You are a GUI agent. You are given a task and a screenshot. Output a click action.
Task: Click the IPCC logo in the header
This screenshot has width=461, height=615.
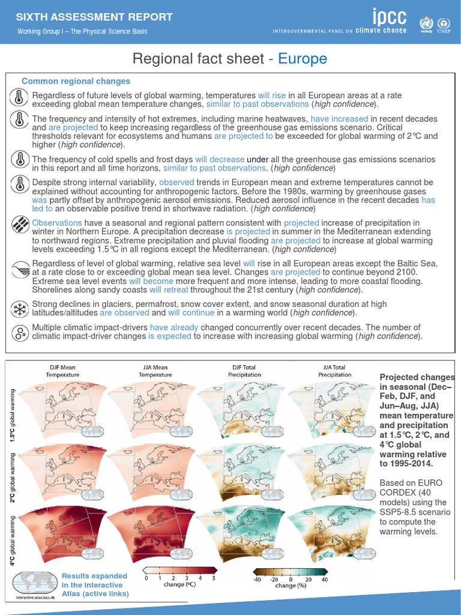389,17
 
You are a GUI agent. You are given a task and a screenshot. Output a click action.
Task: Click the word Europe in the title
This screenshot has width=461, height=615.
303,58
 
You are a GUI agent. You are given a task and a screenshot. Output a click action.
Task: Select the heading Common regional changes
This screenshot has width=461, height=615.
76,81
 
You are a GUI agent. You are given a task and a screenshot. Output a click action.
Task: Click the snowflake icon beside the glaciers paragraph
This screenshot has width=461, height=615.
20,309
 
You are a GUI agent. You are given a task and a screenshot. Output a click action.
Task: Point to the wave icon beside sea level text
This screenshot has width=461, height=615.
20,268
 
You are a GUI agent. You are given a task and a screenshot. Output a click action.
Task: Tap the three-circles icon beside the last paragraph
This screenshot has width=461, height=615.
20,332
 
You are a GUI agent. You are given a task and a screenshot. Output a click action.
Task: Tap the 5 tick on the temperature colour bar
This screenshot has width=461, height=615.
214,578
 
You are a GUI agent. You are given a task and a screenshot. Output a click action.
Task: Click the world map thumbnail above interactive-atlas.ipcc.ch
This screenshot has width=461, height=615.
33,581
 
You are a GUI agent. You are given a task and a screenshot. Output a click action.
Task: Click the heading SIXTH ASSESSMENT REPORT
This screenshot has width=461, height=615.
95,17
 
